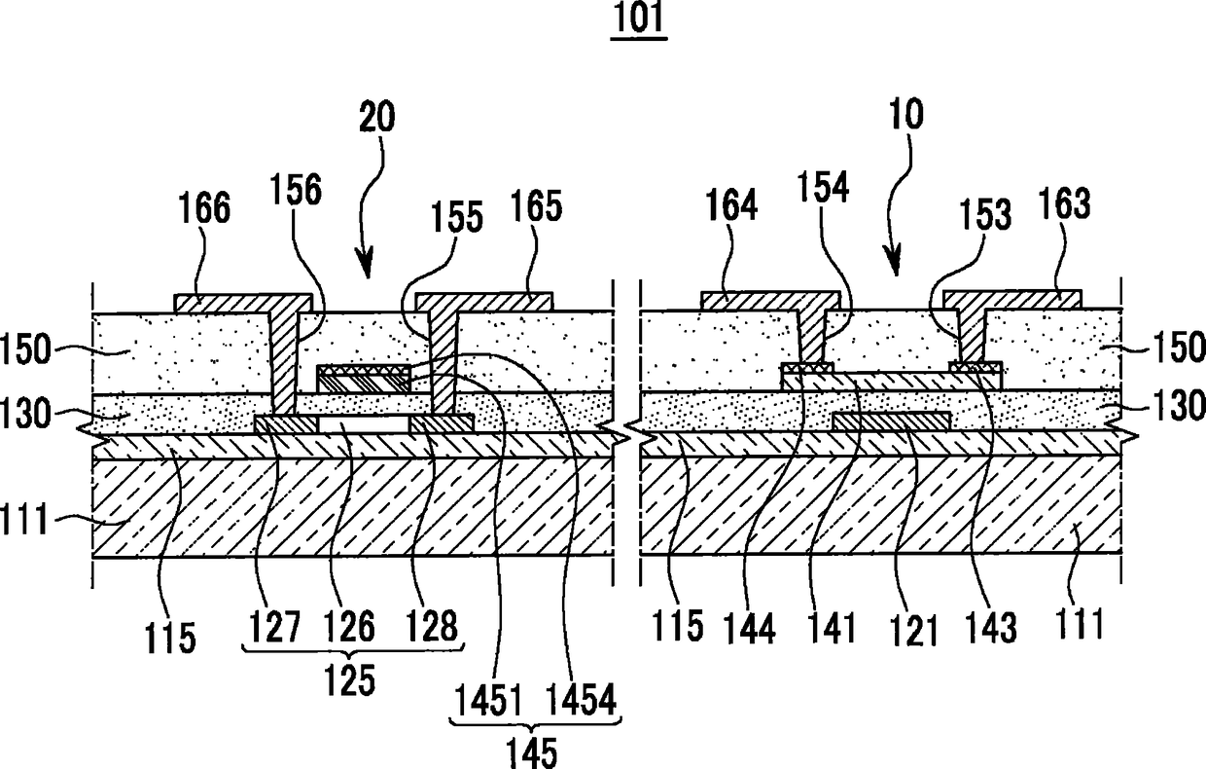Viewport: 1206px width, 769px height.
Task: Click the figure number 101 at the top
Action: [638, 22]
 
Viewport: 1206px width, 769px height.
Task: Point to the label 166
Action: [205, 208]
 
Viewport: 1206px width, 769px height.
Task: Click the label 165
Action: [534, 208]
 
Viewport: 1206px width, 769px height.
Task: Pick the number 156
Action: [297, 189]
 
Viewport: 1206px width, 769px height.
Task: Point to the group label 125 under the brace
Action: [351, 680]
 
